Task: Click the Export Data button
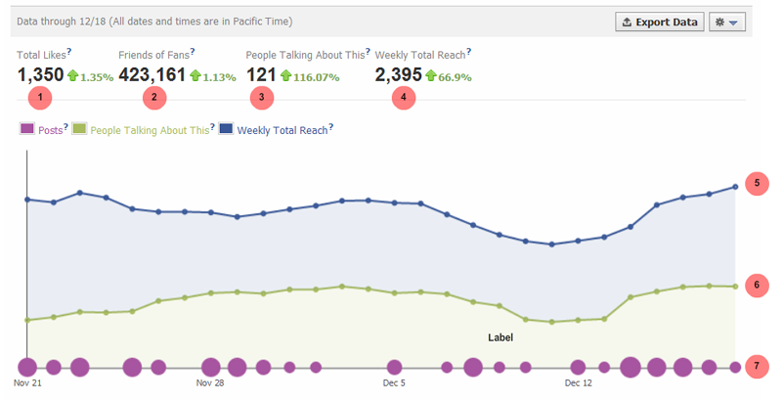pos(660,21)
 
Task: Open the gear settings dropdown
pos(729,21)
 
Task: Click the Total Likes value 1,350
pos(40,74)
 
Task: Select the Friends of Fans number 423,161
pos(152,74)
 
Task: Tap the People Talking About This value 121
pos(261,74)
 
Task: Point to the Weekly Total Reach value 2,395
pos(398,74)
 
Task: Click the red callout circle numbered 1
pos(40,98)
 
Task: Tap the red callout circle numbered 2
pos(153,98)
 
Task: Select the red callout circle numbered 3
pos(261,98)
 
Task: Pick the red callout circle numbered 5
pos(758,184)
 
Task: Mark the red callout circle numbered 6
pos(758,286)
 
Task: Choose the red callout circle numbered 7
pos(758,367)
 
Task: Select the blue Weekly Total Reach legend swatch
pos(226,128)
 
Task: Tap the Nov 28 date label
pos(209,384)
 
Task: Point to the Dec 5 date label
pos(394,384)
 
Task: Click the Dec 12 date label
pos(579,384)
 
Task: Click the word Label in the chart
pos(500,337)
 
